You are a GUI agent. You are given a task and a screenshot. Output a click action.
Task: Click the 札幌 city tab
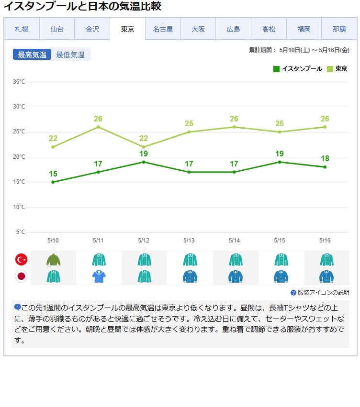click(22, 29)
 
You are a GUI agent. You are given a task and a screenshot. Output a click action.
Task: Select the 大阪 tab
click(198, 29)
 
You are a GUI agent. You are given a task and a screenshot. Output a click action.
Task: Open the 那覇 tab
click(339, 29)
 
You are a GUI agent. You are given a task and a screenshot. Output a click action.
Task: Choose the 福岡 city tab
click(304, 29)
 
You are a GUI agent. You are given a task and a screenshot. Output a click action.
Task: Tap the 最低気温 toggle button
click(70, 55)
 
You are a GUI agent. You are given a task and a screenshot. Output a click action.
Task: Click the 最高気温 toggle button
click(32, 55)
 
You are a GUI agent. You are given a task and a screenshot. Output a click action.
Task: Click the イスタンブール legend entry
click(298, 69)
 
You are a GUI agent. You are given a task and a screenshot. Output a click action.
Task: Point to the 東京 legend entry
click(337, 69)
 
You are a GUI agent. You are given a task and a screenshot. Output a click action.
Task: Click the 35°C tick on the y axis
click(19, 82)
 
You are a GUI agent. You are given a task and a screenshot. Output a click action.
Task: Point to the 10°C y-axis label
click(19, 207)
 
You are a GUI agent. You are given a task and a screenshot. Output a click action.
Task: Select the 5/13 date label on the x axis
click(189, 241)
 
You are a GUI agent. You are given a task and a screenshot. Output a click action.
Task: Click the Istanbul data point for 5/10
click(53, 182)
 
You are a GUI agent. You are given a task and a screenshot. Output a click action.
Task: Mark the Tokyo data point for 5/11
click(98, 127)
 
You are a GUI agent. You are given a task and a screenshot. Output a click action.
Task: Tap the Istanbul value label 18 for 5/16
click(325, 159)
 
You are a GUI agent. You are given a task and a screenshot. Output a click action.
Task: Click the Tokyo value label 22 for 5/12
click(144, 139)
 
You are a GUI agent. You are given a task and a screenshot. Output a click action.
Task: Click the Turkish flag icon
click(22, 260)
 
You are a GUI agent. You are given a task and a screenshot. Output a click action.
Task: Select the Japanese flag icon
click(22, 276)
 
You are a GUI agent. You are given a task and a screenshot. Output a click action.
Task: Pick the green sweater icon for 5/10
click(53, 260)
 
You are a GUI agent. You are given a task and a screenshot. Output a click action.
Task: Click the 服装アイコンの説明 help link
click(320, 293)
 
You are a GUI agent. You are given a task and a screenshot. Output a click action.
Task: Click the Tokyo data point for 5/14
click(234, 127)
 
